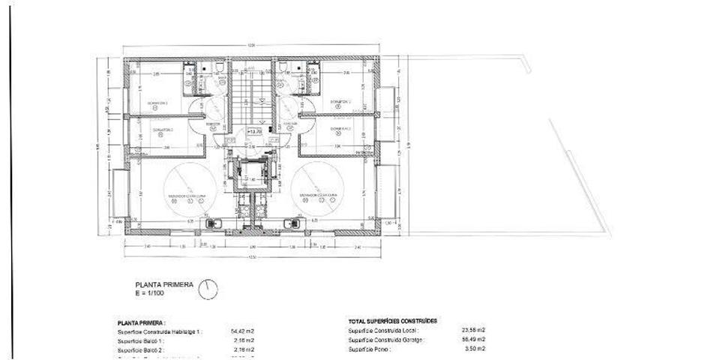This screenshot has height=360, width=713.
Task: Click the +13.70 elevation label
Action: tap(254, 132)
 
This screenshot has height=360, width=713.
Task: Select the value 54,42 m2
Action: tap(242, 331)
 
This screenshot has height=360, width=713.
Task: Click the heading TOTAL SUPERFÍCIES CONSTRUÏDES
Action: tap(393, 321)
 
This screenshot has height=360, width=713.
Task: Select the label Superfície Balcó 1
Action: tap(142, 340)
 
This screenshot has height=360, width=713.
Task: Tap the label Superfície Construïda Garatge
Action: tap(387, 340)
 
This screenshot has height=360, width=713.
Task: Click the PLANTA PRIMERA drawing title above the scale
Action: tap(164, 284)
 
